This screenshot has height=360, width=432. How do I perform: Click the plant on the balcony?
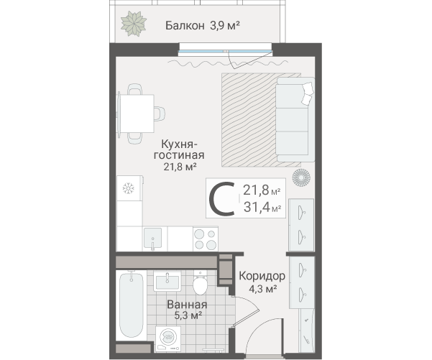point(134,24)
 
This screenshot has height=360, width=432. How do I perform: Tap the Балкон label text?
point(185,26)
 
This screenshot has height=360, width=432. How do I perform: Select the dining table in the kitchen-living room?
point(137,114)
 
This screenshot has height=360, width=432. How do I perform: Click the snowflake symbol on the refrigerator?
point(128,188)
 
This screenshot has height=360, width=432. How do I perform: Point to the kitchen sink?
point(152,239)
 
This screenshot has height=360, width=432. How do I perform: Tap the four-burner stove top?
point(206,239)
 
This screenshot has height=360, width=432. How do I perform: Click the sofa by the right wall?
point(295,119)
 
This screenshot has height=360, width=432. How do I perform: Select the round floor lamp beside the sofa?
point(301,177)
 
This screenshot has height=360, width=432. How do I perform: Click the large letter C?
point(222,199)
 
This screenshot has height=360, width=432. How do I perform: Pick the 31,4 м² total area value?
point(262,207)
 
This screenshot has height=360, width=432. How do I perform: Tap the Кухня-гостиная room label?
point(179,149)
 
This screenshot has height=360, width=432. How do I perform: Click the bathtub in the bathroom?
point(132,305)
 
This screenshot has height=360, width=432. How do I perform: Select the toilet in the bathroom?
point(200,282)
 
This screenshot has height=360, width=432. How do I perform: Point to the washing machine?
point(168,338)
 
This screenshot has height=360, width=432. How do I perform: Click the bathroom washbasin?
point(167,281)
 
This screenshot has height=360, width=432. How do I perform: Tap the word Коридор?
point(262,276)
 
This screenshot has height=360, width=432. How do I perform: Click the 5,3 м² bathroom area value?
point(188,315)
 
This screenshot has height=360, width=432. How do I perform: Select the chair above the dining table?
point(135,89)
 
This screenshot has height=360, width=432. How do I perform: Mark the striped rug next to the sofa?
point(261,120)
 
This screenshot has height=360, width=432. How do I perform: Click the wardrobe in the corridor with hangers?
point(302,282)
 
